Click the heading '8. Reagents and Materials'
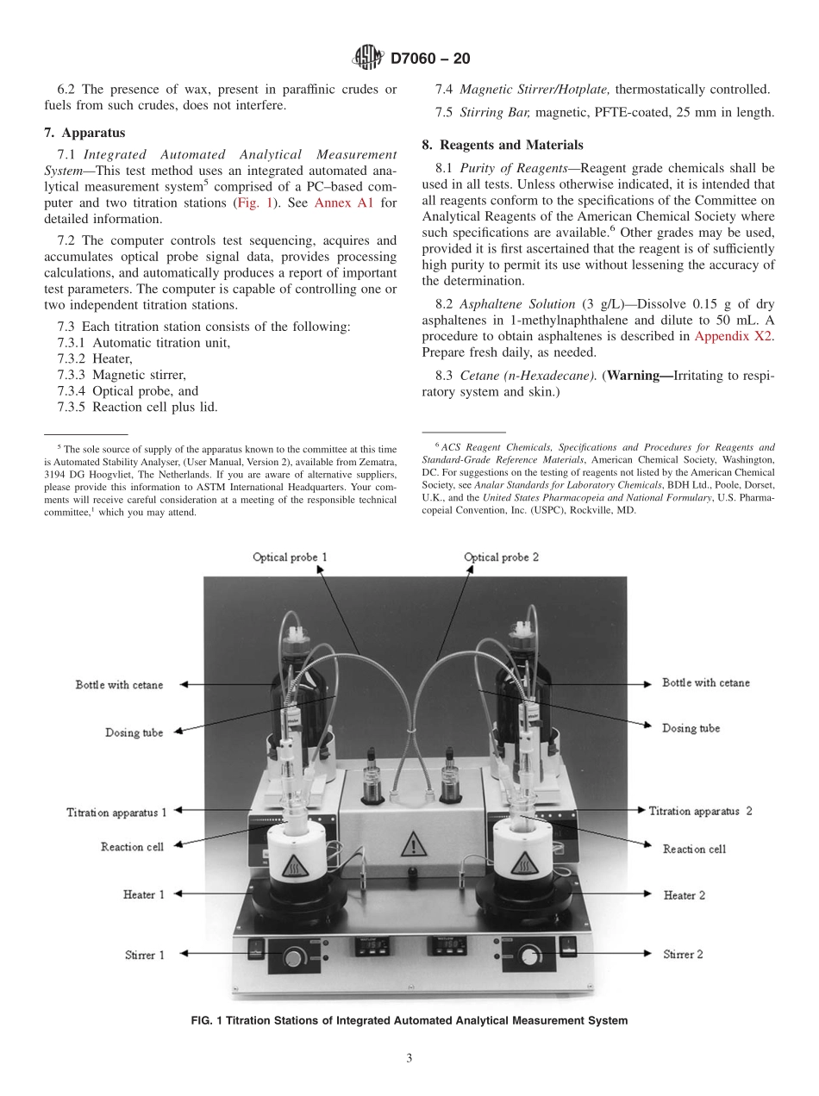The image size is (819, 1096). (x=502, y=145)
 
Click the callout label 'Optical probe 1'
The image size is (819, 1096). (x=290, y=557)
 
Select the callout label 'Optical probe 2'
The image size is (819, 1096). (x=501, y=557)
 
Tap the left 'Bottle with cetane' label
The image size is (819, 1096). (x=119, y=685)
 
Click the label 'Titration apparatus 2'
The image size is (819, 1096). (x=701, y=811)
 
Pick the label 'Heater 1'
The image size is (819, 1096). (x=143, y=895)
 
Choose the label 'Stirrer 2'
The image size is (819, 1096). (x=683, y=954)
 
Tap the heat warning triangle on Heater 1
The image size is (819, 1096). (x=293, y=867)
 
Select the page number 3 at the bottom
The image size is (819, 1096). (x=409, y=1059)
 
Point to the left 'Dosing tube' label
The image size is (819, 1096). (x=134, y=733)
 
